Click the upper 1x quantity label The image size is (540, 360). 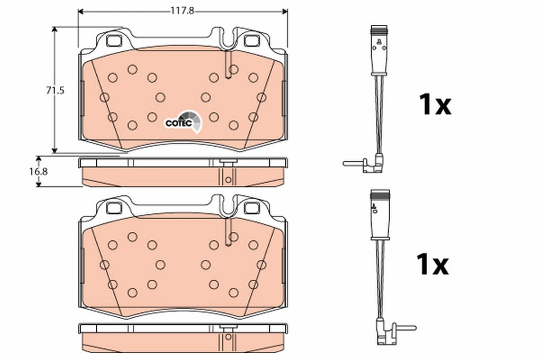[434, 105]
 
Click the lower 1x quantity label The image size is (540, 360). [432, 265]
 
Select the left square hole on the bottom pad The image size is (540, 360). [114, 208]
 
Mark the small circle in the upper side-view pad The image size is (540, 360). [228, 179]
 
